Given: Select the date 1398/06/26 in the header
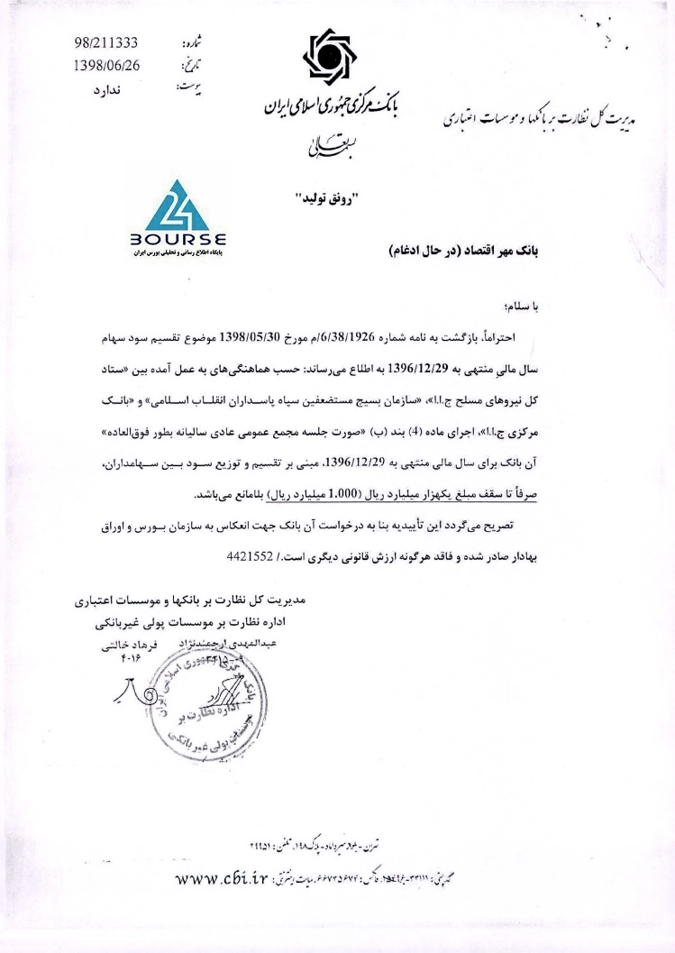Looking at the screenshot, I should (105, 65).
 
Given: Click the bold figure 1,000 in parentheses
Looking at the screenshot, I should (327, 494).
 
